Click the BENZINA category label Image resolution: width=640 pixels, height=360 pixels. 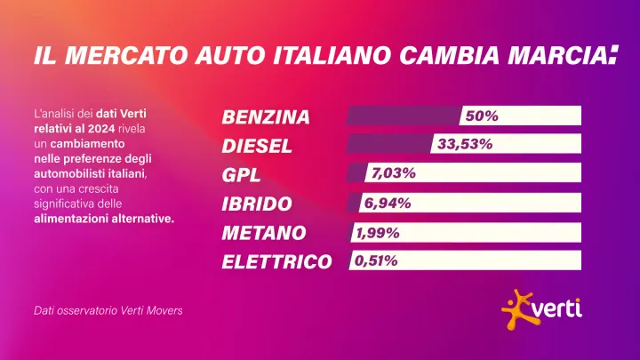click(266, 117)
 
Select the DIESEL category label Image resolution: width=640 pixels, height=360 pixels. click(257, 146)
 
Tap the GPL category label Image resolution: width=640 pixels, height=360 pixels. click(241, 175)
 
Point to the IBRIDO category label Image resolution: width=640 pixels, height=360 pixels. click(257, 204)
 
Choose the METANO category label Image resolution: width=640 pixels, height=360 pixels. click(264, 233)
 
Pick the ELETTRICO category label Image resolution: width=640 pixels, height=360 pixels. click(276, 262)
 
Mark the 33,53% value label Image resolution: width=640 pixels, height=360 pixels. click(461, 144)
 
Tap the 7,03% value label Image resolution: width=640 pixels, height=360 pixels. click(394, 173)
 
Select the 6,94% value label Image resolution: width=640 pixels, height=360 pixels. click(388, 203)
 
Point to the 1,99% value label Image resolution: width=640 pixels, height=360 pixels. click(378, 233)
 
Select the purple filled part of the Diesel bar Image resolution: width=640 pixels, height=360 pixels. click(388, 144)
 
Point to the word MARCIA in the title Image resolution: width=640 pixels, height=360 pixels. click(542, 56)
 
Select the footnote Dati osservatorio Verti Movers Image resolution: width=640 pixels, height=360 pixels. click(108, 311)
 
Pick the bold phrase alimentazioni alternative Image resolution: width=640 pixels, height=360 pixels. click(103, 219)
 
